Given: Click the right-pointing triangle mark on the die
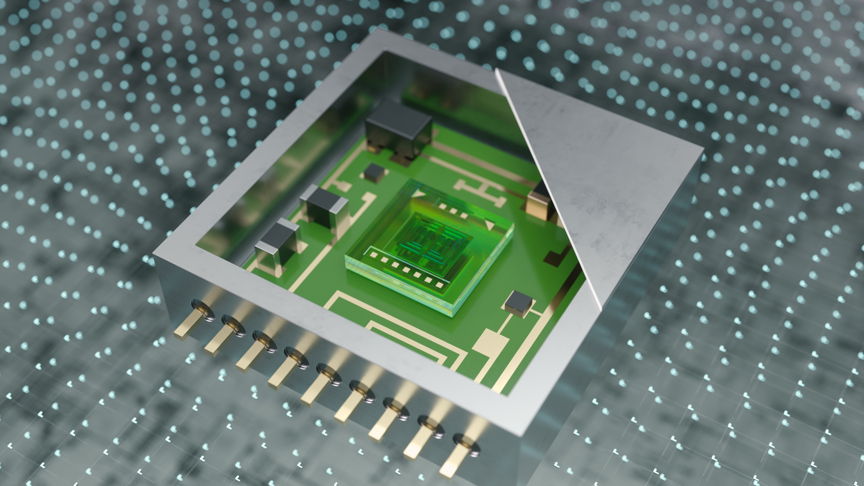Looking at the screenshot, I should (419, 193).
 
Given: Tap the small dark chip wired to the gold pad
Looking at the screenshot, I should (518, 304).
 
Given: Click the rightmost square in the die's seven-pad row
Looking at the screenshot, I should (439, 285).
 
